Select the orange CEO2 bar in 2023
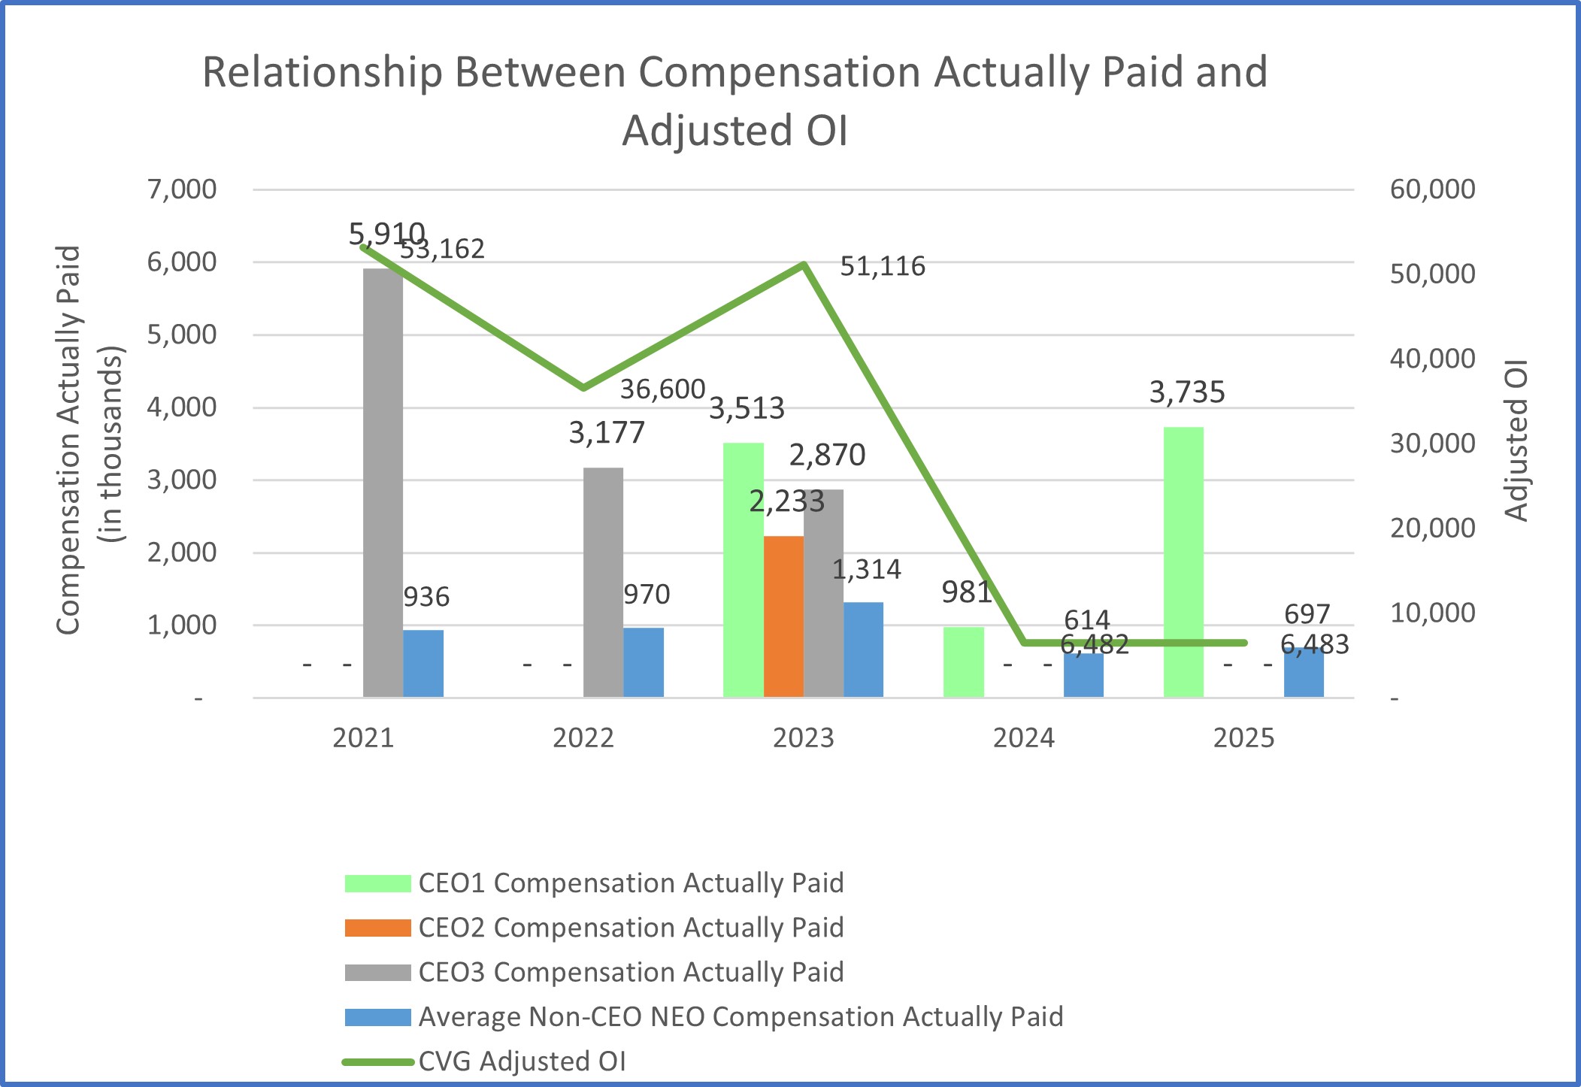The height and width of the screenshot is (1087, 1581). [783, 616]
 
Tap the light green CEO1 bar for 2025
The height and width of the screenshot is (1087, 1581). [1183, 562]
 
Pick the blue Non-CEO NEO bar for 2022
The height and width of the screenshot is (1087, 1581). [644, 662]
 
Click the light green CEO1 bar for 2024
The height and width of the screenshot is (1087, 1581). [963, 662]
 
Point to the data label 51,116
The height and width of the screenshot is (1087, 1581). [882, 266]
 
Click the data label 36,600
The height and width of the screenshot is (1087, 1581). [662, 389]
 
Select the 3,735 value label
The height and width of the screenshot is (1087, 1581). [1187, 392]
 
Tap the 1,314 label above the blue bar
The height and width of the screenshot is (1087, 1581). [866, 570]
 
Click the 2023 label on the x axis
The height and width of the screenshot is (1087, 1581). [803, 738]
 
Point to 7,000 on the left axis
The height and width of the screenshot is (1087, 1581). [182, 189]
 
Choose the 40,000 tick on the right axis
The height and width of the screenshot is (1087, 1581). [1432, 359]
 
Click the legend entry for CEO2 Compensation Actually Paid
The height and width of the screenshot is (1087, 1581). [630, 928]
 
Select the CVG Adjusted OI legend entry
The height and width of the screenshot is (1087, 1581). [522, 1061]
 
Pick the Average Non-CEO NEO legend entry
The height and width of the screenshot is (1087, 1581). [740, 1017]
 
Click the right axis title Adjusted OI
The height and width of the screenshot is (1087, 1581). [1516, 441]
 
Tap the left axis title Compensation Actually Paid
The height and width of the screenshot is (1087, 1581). [68, 441]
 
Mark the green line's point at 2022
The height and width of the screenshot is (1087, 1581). [583, 388]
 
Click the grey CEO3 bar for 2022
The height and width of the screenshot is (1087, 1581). [603, 582]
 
